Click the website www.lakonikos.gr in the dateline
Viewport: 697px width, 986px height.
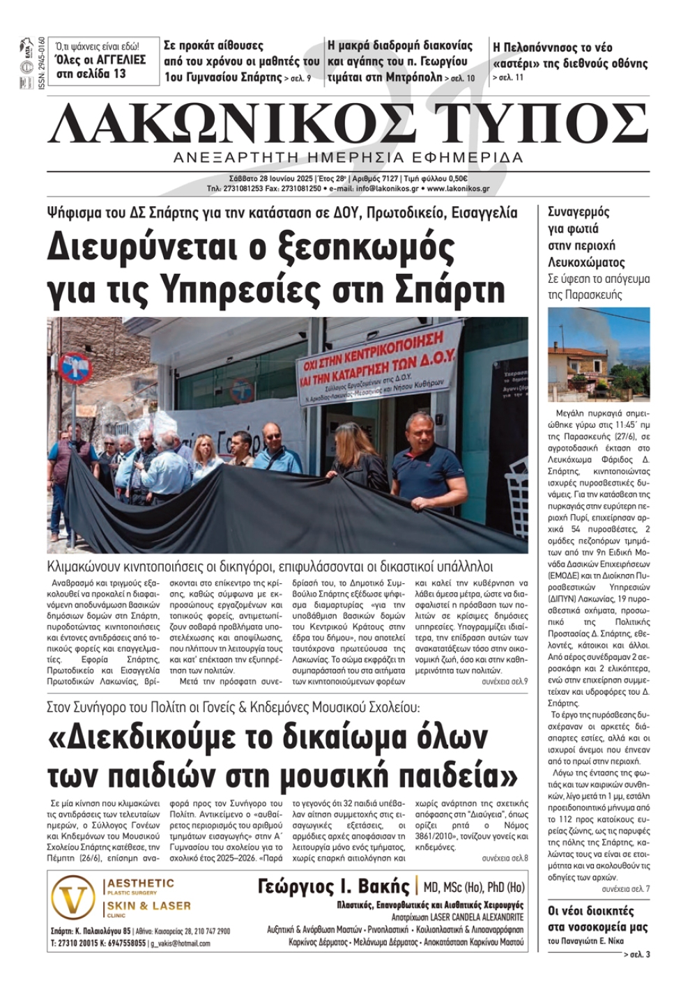coord(458,188)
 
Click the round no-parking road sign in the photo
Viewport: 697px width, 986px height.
coord(76,367)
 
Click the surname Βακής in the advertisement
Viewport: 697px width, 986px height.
coord(383,887)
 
